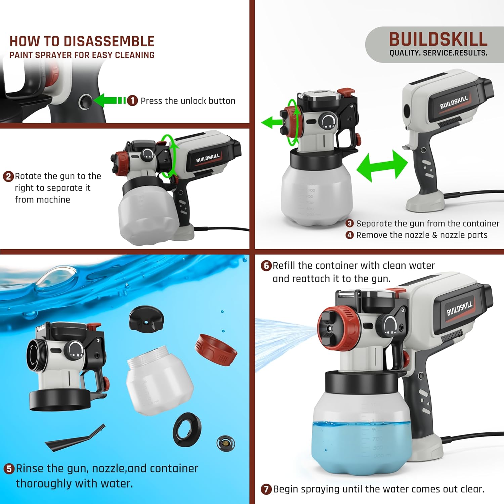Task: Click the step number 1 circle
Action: (132, 100)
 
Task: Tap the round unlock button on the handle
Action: (85, 101)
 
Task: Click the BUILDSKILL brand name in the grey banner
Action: (438, 39)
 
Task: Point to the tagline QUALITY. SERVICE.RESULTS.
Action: (438, 53)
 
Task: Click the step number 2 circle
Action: (8, 176)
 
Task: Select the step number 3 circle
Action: (350, 223)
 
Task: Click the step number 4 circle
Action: (350, 235)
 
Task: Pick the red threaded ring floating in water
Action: (216, 350)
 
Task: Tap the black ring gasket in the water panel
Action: (187, 430)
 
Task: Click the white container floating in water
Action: (159, 380)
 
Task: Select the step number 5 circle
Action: (9, 469)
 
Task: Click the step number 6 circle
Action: (266, 266)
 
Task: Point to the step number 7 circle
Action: (266, 489)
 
